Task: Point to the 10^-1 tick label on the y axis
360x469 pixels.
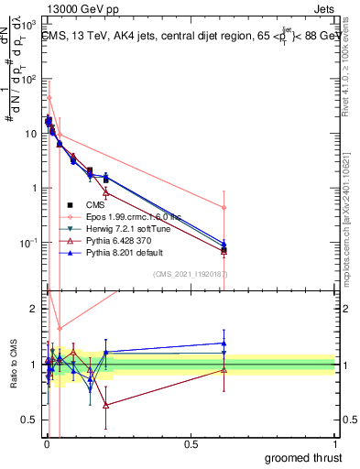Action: tap(30, 243)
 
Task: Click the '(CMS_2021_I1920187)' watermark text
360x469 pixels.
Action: tap(189, 273)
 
